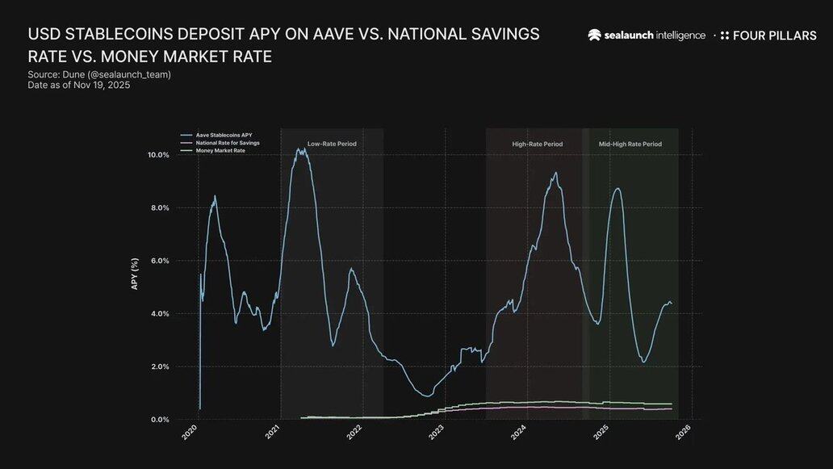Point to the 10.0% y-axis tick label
[x=158, y=155]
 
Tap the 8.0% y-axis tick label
[x=160, y=208]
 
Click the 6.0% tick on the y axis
[x=160, y=261]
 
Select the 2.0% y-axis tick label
[x=160, y=366]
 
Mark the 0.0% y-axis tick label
[x=160, y=420]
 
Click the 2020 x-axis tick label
[x=190, y=433]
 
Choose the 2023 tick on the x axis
[x=437, y=433]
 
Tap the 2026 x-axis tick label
[x=683, y=433]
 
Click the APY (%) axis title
[x=135, y=274]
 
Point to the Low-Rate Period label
[x=332, y=144]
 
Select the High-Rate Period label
[x=538, y=144]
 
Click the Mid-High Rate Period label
[x=630, y=144]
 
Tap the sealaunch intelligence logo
[x=647, y=36]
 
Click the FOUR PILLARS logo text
[x=774, y=36]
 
